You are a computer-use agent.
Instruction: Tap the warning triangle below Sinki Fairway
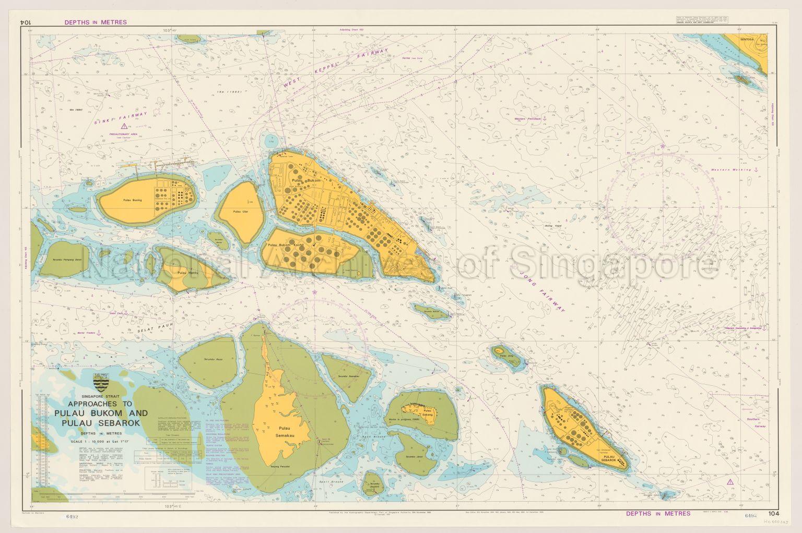[123, 126]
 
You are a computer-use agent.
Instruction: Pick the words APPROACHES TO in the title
[99, 404]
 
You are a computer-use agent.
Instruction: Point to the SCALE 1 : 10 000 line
[100, 442]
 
